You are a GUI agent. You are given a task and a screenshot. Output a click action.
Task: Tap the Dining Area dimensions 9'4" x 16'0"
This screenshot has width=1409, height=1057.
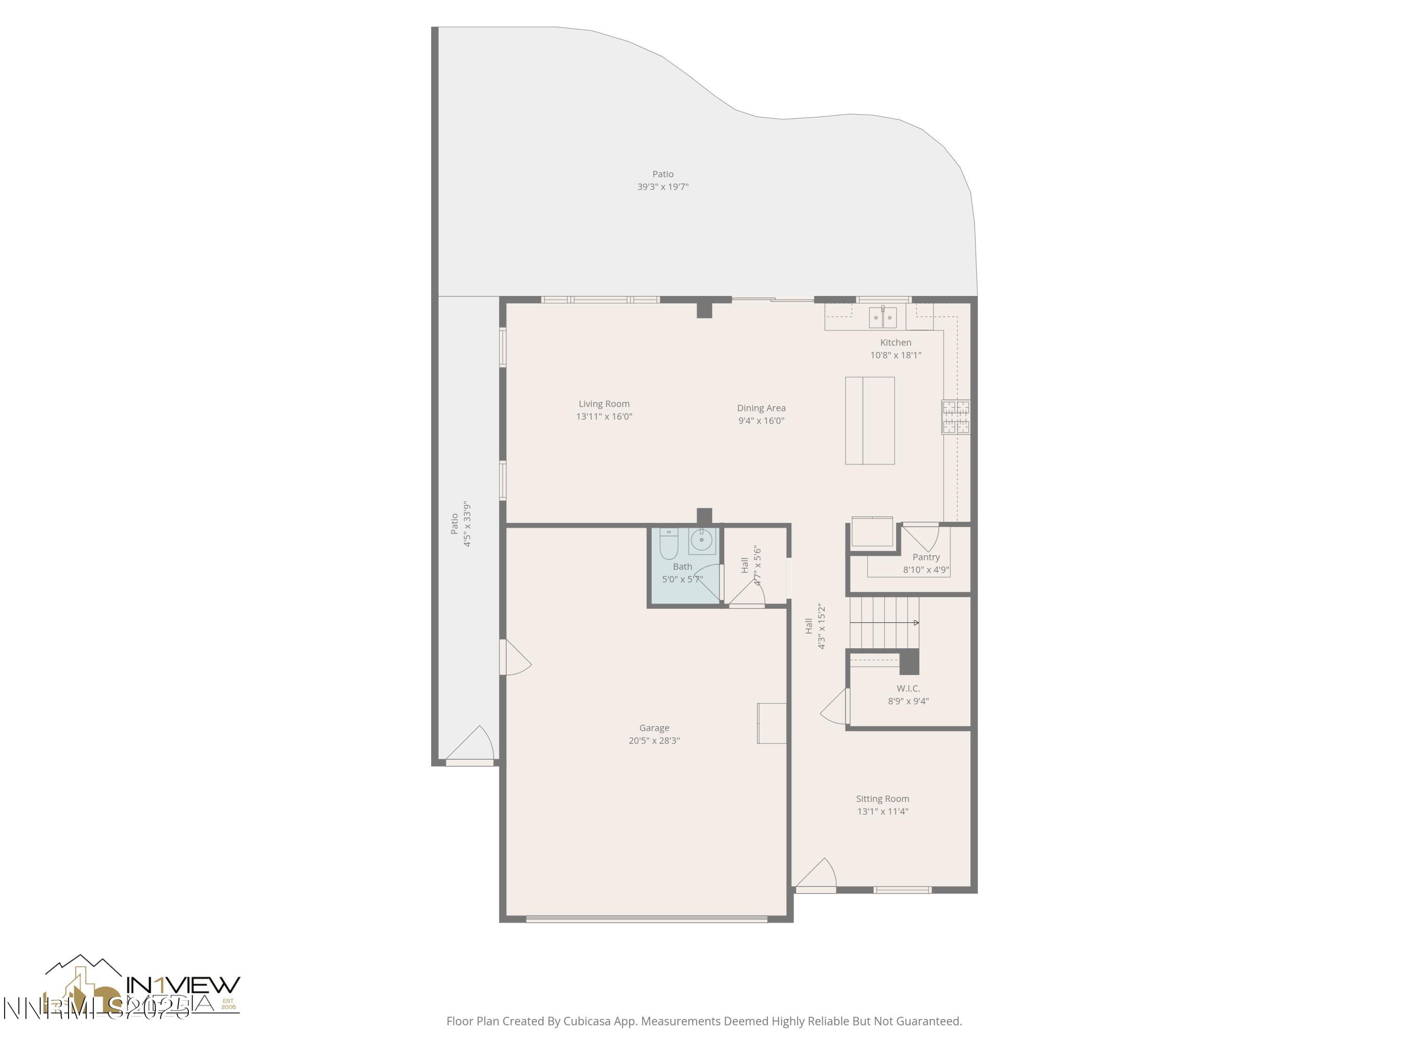761,420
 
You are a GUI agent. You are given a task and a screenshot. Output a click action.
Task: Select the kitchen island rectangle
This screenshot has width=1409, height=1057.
869,420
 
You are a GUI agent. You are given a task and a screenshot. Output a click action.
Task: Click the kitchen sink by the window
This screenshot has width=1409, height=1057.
882,317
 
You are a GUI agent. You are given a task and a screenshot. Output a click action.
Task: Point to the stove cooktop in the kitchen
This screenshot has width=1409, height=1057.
955,417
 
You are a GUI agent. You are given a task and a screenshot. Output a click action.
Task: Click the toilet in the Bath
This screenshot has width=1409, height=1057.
668,544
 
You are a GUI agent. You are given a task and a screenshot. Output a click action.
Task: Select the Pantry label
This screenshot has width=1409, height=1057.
926,557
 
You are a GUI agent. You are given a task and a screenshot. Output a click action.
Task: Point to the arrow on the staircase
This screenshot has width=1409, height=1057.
915,622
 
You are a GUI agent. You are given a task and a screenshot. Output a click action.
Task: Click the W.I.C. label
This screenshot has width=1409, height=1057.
908,688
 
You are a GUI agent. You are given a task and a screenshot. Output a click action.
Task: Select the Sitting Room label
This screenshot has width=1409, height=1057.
882,798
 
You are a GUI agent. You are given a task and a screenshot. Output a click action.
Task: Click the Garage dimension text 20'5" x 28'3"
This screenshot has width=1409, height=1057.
654,740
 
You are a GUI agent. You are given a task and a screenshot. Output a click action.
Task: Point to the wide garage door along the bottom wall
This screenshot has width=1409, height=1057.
647,919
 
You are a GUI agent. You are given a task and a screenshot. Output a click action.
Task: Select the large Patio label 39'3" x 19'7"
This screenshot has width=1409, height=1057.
662,180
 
